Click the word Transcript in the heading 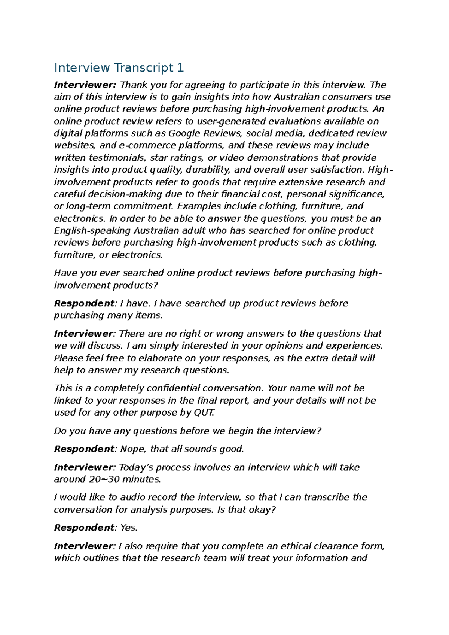click(x=144, y=68)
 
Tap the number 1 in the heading click(x=181, y=68)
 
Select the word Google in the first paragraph click(x=185, y=133)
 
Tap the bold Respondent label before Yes click(x=84, y=528)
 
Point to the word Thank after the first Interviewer click(x=133, y=85)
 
